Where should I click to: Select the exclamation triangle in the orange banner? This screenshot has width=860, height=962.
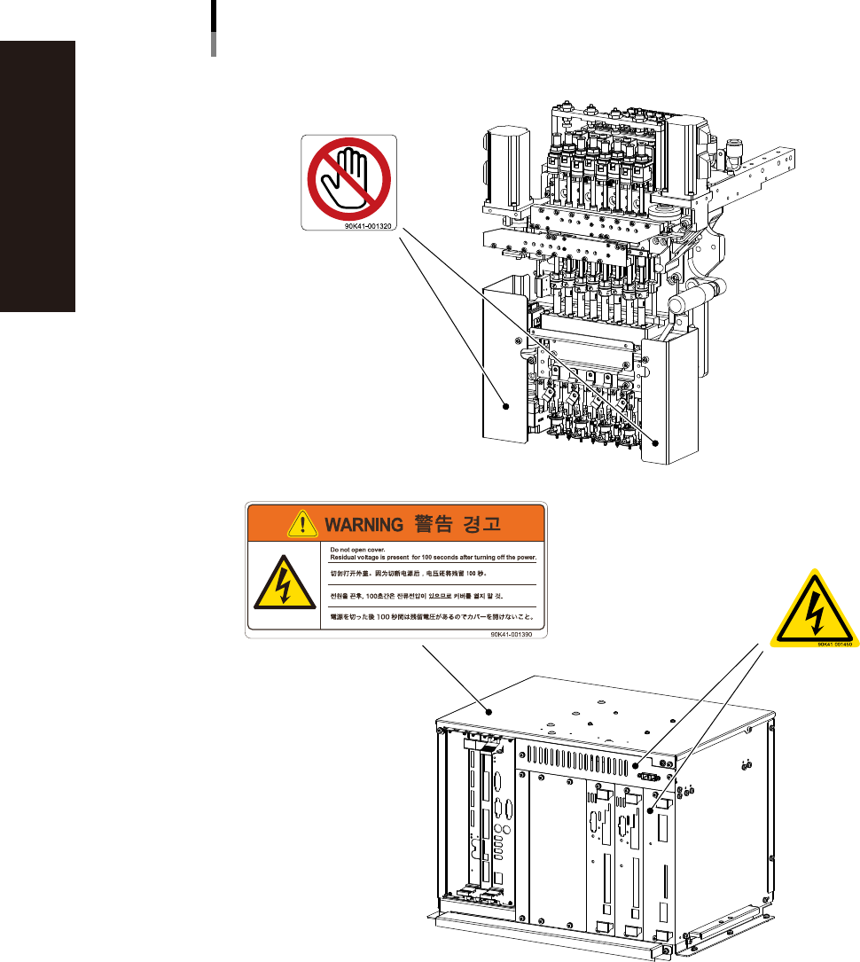coord(303,524)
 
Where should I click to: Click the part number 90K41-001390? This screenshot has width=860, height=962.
coord(519,634)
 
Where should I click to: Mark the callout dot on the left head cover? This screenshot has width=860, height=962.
coord(506,407)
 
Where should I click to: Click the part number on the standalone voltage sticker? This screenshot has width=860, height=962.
coord(834,645)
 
